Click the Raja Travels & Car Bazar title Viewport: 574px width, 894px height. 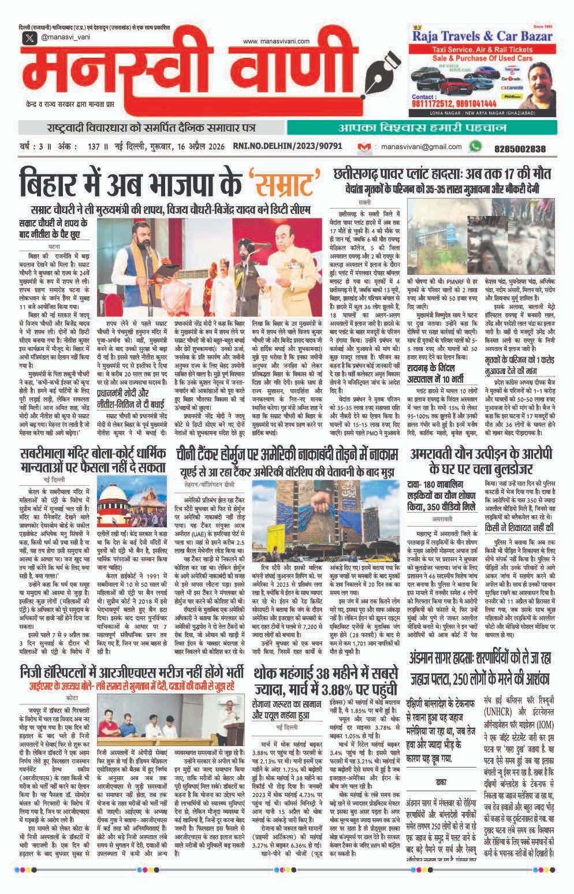click(481, 36)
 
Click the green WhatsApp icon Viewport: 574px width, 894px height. click(475, 147)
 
